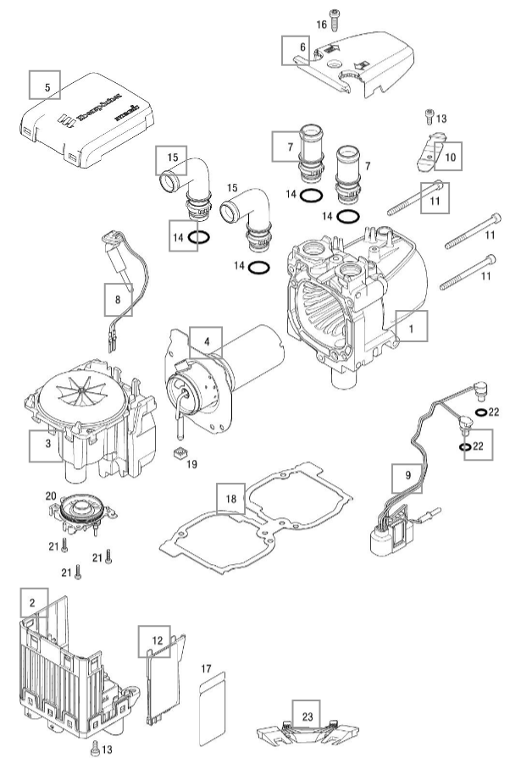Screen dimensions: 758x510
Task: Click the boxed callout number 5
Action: tap(47, 86)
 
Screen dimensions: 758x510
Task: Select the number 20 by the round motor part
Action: tap(49, 496)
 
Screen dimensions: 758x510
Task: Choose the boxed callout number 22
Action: tap(476, 445)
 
